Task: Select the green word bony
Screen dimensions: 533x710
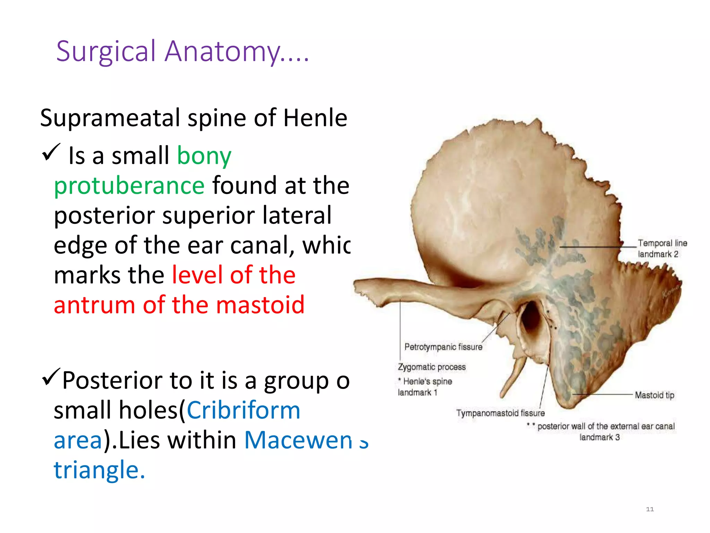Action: coord(204,156)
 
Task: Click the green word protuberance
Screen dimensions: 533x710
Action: coord(129,186)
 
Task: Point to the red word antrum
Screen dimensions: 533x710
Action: coord(94,305)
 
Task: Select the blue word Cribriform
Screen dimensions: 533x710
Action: coord(243,411)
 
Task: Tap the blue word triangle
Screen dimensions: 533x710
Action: coord(99,470)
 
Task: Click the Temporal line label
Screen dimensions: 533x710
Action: coord(662,243)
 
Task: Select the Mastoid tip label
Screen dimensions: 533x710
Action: coord(654,395)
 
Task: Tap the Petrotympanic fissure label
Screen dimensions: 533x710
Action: coord(443,347)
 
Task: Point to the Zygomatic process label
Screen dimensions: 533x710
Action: coord(432,367)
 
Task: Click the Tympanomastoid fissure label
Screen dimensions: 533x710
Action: coord(500,413)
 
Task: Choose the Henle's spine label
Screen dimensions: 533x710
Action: coord(427,381)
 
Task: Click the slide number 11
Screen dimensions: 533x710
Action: coord(650,509)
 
